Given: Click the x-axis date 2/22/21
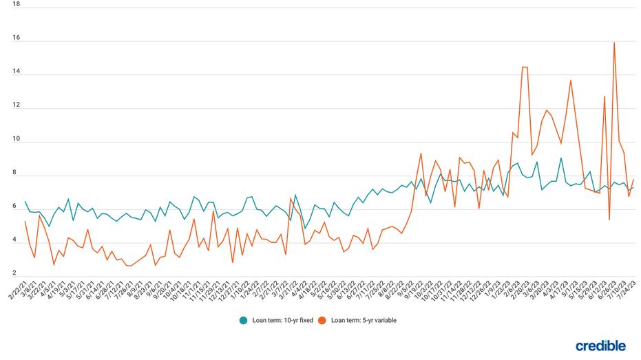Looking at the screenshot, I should [19, 290].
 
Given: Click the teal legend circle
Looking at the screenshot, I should [243, 320].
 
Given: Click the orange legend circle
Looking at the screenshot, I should [322, 320].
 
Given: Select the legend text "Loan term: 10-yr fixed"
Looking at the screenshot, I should [282, 320].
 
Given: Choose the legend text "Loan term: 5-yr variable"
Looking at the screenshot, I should [364, 320].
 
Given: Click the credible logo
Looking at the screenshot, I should [600, 346].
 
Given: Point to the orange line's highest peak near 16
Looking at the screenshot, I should [614, 43].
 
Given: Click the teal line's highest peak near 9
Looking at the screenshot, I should [561, 158].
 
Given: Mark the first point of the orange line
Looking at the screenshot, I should [25, 222].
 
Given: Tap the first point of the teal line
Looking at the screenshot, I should [25, 202].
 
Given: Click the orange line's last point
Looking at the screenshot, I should [633, 180].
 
